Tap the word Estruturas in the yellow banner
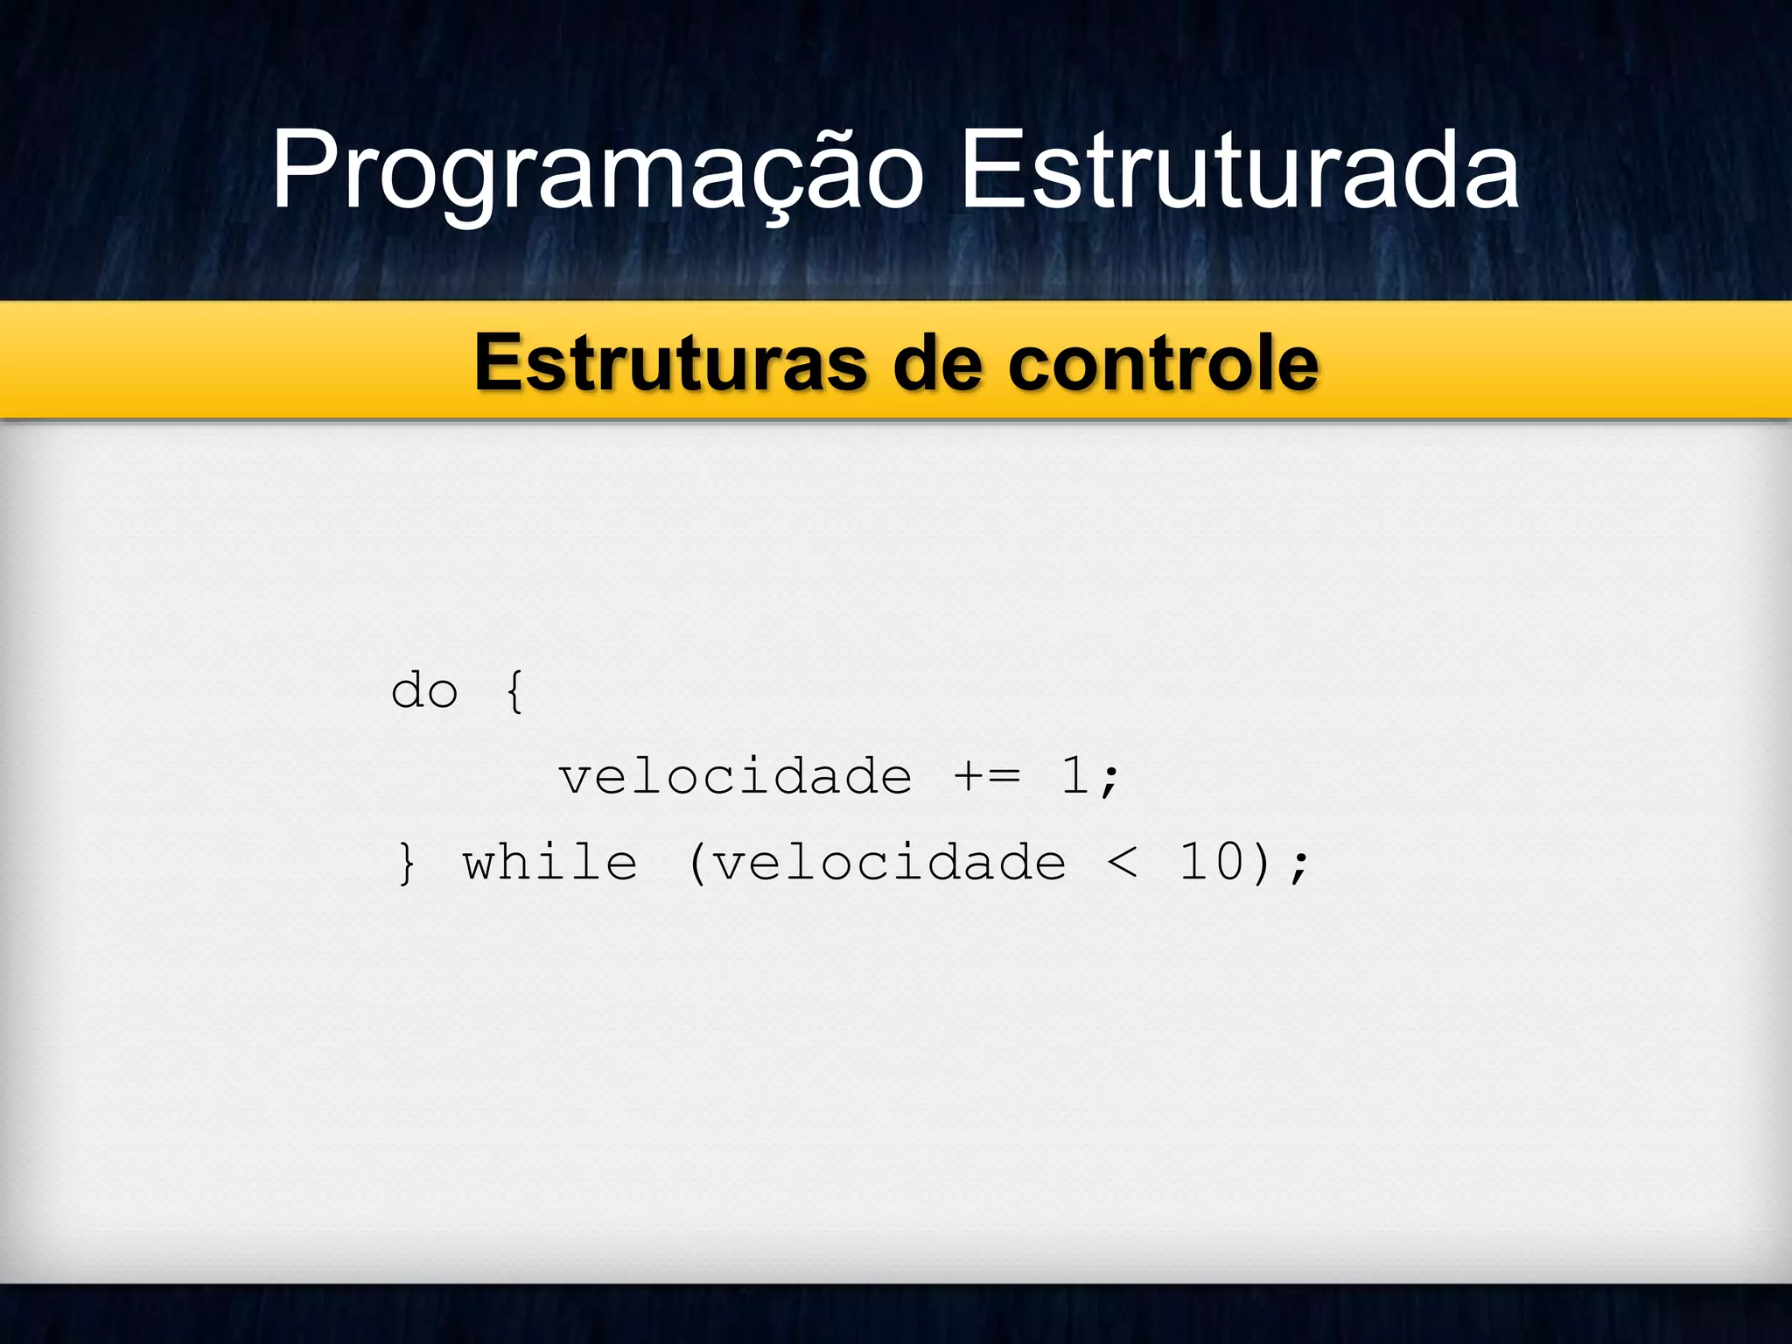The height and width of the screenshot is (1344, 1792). tap(670, 363)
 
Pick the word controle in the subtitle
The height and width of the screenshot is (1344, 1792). tap(1163, 363)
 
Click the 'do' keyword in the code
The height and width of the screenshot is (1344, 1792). tap(424, 691)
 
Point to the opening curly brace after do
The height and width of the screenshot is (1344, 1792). tap(515, 691)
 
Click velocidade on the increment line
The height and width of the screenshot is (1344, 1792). tap(736, 777)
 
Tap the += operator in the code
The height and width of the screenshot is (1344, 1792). tap(987, 777)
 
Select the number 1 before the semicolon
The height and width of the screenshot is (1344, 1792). tap(1074, 776)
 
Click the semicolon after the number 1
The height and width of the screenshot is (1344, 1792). tap(1110, 779)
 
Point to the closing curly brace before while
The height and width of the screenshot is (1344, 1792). tap(407, 864)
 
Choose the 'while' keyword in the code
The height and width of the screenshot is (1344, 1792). tap(550, 863)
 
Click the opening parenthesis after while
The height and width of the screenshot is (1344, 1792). tap(696, 864)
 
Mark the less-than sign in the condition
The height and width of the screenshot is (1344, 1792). tap(1123, 863)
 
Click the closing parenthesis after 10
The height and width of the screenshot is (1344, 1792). tap(1261, 864)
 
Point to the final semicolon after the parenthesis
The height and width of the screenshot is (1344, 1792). tap(1299, 865)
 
